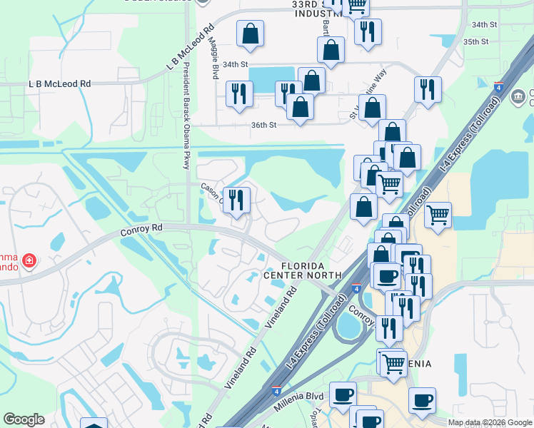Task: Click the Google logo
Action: click(x=24, y=419)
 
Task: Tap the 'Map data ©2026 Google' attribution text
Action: click(x=490, y=422)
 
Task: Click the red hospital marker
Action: click(x=29, y=262)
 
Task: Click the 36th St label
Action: click(x=263, y=126)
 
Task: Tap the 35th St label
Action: click(x=475, y=42)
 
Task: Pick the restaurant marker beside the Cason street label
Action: click(x=236, y=199)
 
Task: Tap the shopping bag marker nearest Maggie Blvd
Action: click(x=251, y=34)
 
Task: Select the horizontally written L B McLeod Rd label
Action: click(x=60, y=83)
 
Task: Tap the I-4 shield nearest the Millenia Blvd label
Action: click(x=276, y=391)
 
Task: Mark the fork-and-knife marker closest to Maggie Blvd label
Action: click(x=238, y=93)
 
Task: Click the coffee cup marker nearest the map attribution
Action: click(x=422, y=399)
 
